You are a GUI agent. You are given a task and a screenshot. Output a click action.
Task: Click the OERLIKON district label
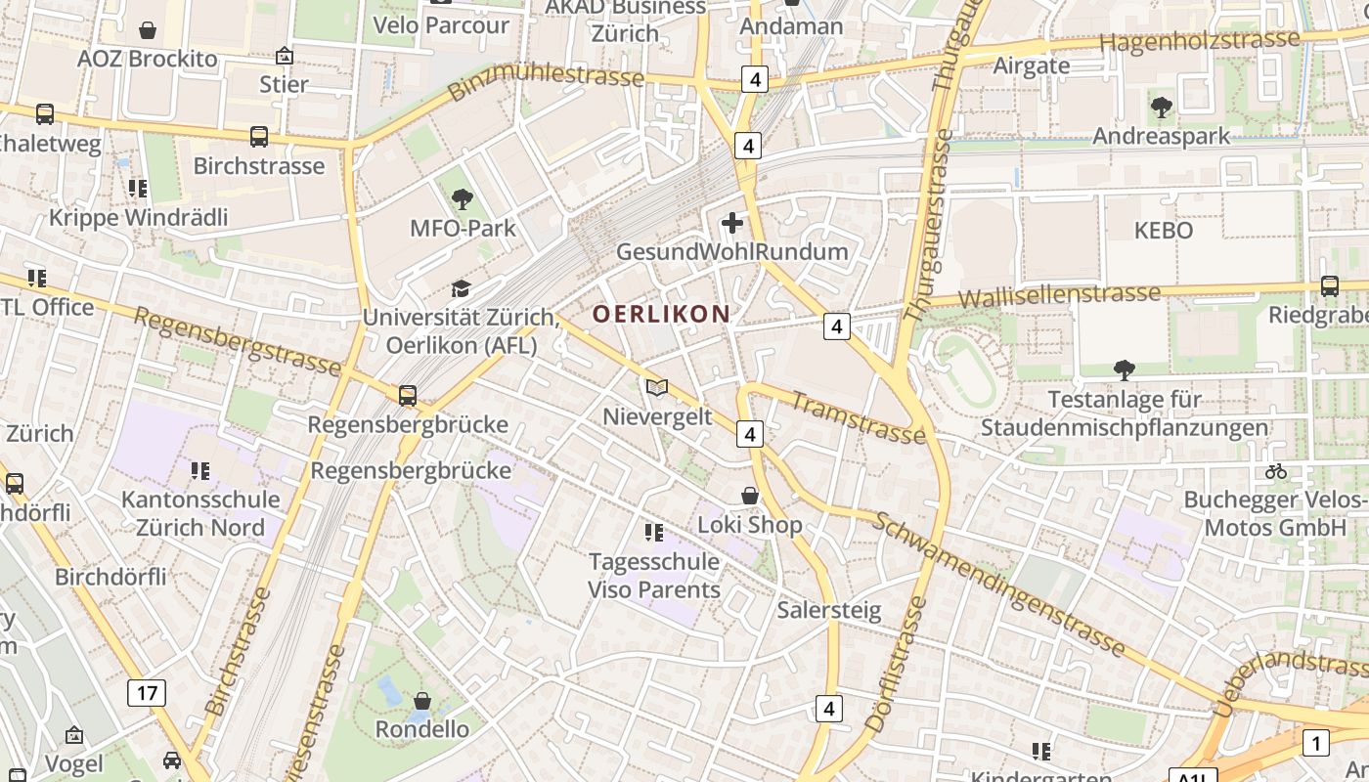[661, 314]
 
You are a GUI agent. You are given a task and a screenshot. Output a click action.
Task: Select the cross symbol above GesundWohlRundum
[732, 223]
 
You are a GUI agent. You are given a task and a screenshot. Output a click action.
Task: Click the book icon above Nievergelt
[657, 388]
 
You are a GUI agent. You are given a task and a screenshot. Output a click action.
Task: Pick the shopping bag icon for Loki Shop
[750, 497]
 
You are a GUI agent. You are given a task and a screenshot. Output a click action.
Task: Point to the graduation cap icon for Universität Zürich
[461, 288]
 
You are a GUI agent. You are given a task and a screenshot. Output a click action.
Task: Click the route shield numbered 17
[147, 694]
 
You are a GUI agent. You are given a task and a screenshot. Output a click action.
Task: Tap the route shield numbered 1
[1316, 743]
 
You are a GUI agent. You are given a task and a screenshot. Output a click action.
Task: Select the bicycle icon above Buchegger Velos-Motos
[1276, 471]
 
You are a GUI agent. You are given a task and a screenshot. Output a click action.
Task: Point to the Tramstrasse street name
[858, 416]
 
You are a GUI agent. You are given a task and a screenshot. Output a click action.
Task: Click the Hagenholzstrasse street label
[1200, 41]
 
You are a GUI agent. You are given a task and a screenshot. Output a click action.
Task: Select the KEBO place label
[1163, 231]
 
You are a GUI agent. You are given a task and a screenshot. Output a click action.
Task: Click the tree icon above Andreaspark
[1161, 107]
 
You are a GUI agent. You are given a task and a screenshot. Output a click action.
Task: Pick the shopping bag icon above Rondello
[422, 701]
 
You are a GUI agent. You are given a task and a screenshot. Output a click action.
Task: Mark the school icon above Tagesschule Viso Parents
[654, 533]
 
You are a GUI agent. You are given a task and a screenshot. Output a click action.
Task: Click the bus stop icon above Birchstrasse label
[259, 137]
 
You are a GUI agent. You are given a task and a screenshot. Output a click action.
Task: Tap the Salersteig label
[829, 611]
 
